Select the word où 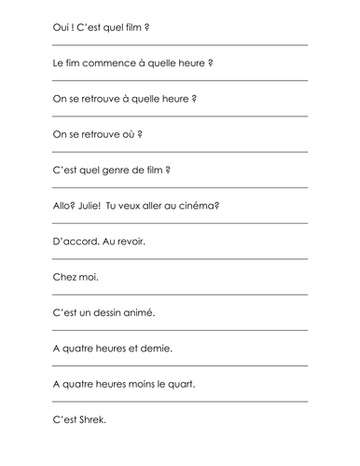[x=126, y=134]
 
